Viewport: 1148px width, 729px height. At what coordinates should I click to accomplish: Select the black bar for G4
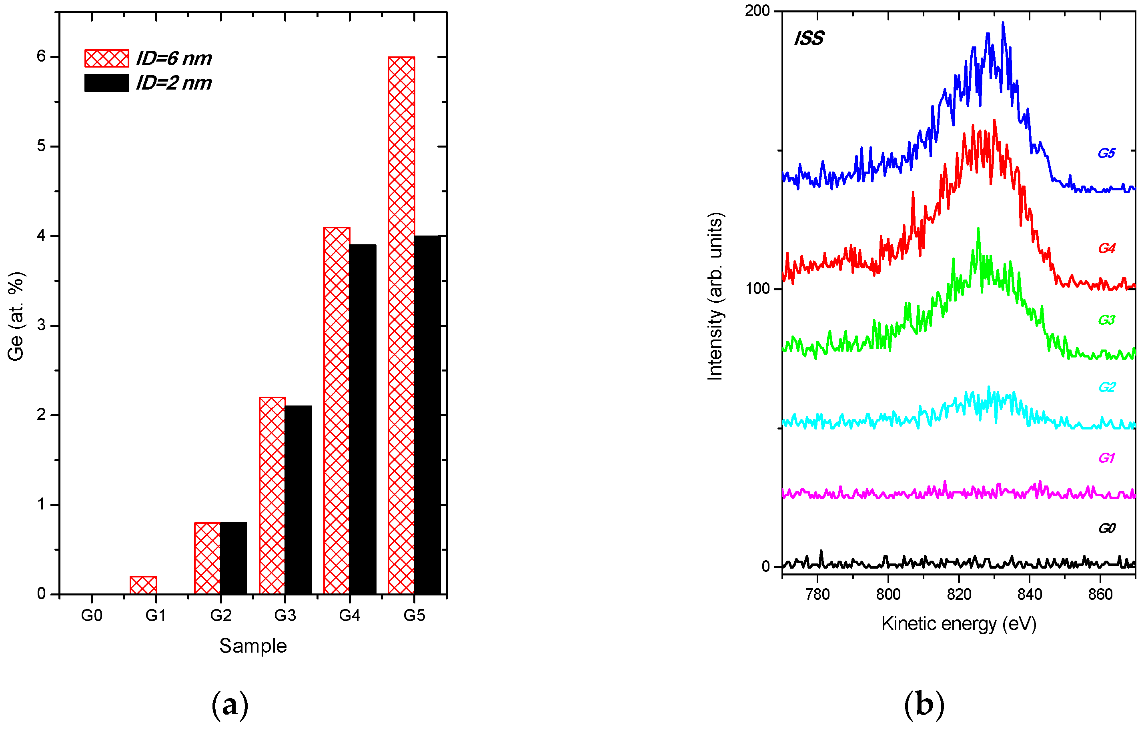[x=363, y=419]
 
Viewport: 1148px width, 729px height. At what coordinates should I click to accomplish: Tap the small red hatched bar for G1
[x=143, y=585]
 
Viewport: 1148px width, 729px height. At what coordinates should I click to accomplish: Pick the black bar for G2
[x=234, y=558]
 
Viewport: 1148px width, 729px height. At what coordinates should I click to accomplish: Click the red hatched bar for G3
[x=272, y=495]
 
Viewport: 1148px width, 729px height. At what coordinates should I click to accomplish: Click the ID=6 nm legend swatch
[x=106, y=58]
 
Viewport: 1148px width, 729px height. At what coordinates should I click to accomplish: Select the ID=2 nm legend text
[x=174, y=83]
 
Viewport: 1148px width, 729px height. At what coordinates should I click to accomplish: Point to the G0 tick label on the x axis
[x=92, y=615]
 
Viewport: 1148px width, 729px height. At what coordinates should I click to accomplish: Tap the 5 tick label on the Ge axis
[x=42, y=146]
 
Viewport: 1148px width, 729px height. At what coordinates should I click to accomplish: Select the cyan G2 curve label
[x=1106, y=387]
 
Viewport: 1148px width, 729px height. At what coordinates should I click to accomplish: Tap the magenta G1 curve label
[x=1106, y=458]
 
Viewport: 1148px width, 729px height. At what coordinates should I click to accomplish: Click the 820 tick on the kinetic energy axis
[x=959, y=594]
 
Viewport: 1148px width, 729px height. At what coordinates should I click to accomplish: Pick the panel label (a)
[x=230, y=704]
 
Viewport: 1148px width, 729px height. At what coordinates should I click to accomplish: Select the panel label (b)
[x=924, y=704]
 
